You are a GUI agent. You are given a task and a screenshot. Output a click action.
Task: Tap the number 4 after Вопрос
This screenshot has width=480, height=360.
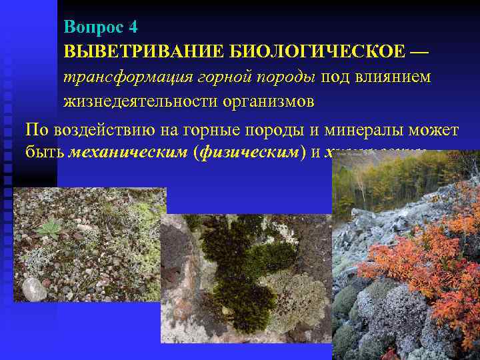133,27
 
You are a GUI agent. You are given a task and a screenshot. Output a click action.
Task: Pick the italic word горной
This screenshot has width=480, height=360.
220,77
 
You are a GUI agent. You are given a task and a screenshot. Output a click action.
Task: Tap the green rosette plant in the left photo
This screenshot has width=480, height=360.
49,230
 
